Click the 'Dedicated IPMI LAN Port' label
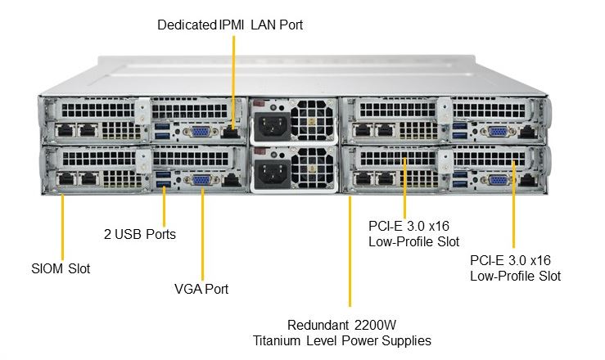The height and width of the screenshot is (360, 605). [x=230, y=25]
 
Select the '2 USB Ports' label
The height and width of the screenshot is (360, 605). [x=139, y=234]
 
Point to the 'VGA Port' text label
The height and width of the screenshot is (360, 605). [x=201, y=289]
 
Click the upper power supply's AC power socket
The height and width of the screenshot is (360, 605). [x=272, y=124]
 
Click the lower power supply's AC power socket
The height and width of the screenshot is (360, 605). [x=272, y=173]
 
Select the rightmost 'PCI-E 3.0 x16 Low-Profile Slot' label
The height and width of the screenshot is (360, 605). [x=515, y=268]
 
